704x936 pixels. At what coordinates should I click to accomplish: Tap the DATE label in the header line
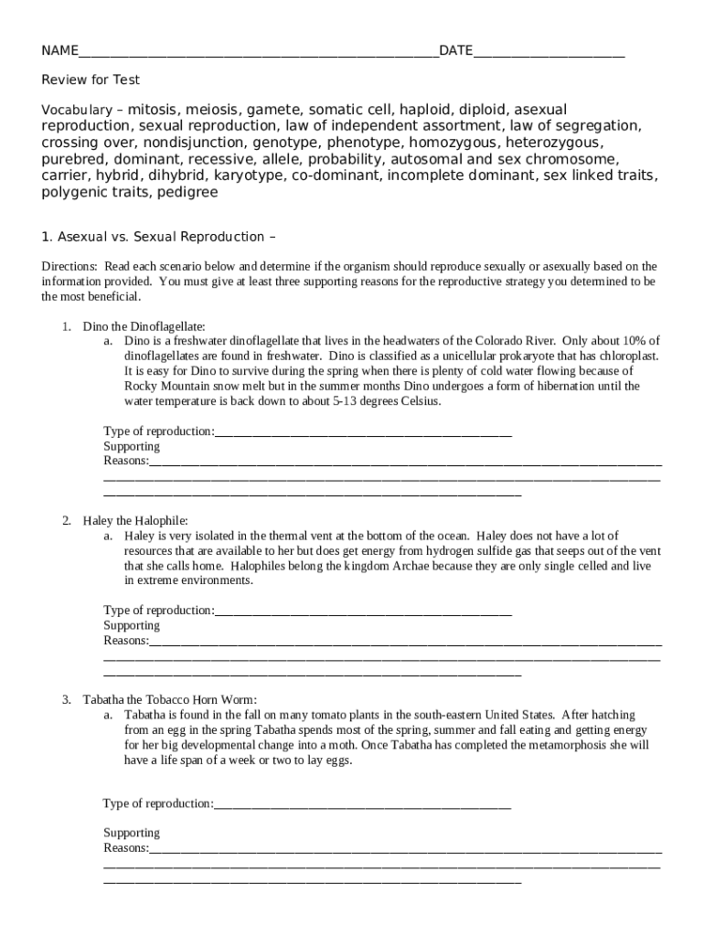(455, 50)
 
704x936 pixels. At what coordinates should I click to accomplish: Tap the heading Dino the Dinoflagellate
(144, 326)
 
